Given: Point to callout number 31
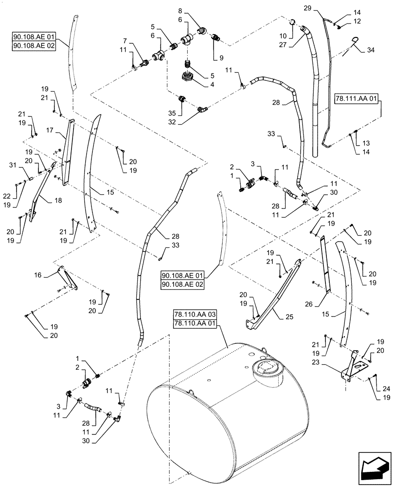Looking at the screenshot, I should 19,166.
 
